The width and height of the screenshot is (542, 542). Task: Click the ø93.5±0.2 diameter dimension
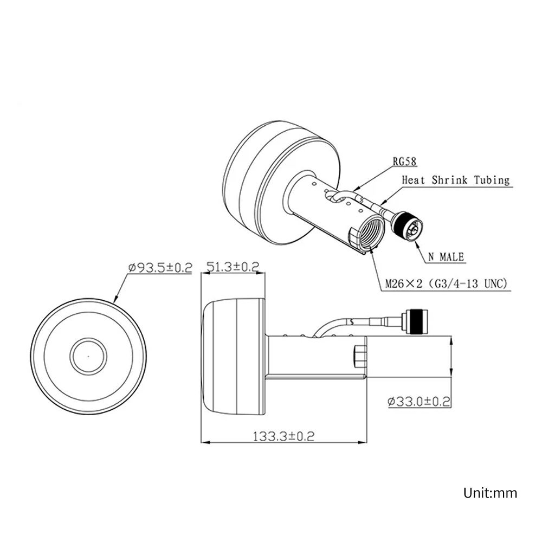click(x=160, y=267)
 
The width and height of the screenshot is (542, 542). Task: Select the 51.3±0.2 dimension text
click(x=233, y=267)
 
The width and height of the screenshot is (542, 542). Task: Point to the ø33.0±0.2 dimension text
click(x=420, y=402)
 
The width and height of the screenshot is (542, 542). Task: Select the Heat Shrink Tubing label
click(x=455, y=180)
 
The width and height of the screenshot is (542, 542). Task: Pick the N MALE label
click(x=446, y=257)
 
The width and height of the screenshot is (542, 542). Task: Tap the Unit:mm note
click(x=490, y=493)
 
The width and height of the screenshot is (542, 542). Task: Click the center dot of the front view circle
click(x=88, y=356)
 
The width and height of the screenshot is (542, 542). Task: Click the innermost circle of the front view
click(x=88, y=356)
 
